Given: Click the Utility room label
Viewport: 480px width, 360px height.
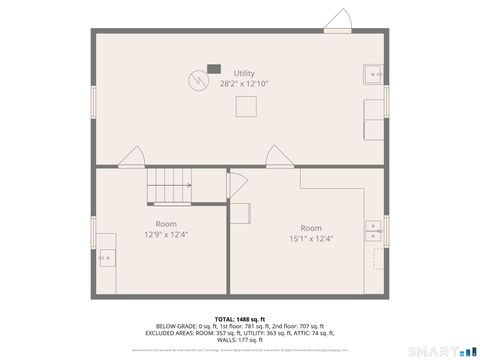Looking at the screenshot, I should [x=244, y=73].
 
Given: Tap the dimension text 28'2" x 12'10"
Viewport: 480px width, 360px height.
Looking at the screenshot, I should [x=244, y=84].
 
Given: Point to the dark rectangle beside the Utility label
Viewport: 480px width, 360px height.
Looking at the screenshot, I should [x=212, y=70].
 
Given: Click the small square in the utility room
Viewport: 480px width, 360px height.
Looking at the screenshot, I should [x=246, y=106].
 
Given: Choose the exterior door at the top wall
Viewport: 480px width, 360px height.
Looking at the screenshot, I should [x=337, y=21].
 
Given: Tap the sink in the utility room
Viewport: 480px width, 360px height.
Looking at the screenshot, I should [x=374, y=73].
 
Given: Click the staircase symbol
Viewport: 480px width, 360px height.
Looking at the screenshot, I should [x=168, y=186].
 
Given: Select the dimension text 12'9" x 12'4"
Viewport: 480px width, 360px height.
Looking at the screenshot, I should [x=165, y=234].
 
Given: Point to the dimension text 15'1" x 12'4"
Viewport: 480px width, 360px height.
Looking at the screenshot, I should [x=311, y=238].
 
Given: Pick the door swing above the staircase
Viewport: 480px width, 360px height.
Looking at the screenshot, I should [x=131, y=157].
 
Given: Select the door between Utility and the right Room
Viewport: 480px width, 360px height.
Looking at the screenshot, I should [x=277, y=156].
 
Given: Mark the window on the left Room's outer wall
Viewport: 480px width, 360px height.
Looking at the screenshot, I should [x=94, y=232].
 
